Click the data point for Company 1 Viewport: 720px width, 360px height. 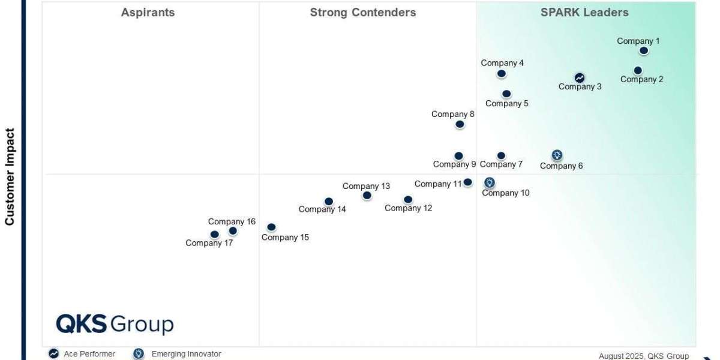[643, 51]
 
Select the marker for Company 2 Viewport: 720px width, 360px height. [638, 70]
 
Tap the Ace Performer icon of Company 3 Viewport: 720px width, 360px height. [579, 77]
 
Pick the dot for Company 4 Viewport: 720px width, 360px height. [501, 74]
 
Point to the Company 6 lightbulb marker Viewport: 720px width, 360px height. [557, 155]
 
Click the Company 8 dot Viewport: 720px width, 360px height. [460, 124]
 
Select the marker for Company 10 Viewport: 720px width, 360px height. [490, 182]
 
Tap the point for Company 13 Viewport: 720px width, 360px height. [367, 196]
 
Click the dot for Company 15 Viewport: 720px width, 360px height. [271, 227]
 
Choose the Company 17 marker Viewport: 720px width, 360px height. [214, 235]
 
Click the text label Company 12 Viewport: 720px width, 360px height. [408, 208]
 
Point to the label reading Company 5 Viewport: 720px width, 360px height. [506, 103]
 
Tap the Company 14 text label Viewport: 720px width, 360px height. [322, 209]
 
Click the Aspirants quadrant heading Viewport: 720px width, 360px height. [148, 13]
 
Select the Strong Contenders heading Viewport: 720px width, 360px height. [362, 13]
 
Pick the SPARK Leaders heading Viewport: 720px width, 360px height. [584, 13]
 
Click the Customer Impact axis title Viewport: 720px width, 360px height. [10, 176]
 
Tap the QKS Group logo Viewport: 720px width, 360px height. [115, 324]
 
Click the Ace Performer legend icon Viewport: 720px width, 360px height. [54, 354]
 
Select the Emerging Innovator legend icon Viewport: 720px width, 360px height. [139, 354]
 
